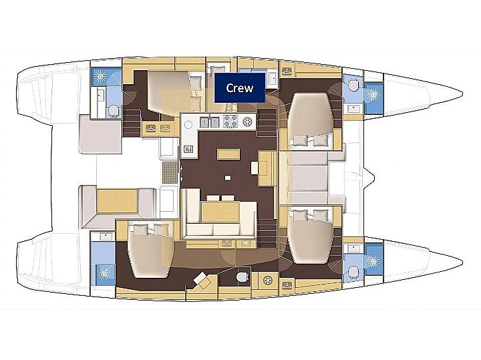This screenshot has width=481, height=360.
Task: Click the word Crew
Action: pyautogui.click(x=240, y=88)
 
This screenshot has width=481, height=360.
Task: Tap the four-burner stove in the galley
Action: pyautogui.click(x=230, y=122)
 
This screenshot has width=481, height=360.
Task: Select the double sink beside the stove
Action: pyautogui.click(x=210, y=122)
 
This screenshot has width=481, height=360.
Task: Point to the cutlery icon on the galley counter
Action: pyautogui.click(x=188, y=149)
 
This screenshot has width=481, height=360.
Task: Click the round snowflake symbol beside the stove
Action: pyautogui.click(x=247, y=122)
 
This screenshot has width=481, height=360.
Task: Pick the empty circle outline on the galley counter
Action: pyautogui.click(x=188, y=125)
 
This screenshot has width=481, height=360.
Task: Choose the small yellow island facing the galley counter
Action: pyautogui.click(x=228, y=154)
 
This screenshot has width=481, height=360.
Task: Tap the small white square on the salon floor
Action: pyautogui.click(x=227, y=177)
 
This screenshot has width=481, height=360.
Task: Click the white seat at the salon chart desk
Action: pyautogui.click(x=255, y=168)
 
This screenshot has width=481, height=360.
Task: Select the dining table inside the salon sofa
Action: pyautogui.click(x=220, y=211)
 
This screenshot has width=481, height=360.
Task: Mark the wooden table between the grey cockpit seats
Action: pyautogui.click(x=117, y=200)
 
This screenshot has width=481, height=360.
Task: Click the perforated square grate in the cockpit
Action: pyautogui.click(x=170, y=172)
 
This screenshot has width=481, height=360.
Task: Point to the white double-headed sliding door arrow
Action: pyautogui.click(x=182, y=172)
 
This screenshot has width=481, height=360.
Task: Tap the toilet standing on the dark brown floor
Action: pyautogui.click(x=243, y=277)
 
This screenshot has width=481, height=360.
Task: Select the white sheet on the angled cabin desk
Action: pyautogui.click(x=200, y=278)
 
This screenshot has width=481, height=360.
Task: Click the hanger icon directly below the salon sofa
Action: pyautogui.click(x=226, y=244)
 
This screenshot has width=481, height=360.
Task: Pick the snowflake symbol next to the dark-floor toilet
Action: pyautogui.click(x=268, y=280)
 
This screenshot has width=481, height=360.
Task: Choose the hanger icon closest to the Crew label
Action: pyautogui.click(x=287, y=71)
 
